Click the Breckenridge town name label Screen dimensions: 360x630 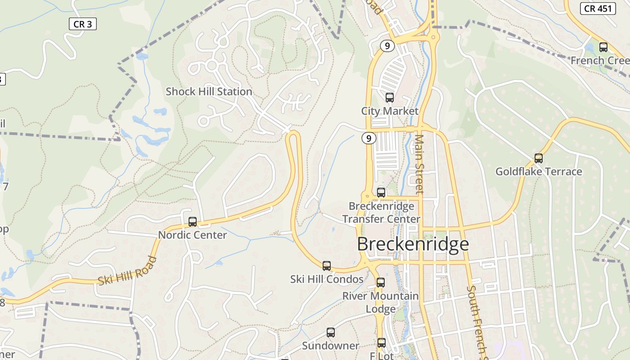(413, 244)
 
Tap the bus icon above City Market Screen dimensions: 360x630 (390, 97)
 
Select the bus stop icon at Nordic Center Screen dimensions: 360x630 (193, 221)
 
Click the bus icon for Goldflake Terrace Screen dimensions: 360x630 (538, 158)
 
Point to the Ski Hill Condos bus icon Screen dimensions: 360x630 (327, 265)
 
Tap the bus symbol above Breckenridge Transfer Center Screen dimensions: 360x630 (381, 193)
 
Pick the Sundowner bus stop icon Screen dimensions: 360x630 (331, 333)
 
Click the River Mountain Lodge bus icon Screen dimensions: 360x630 (381, 283)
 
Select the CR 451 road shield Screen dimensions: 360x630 (598, 9)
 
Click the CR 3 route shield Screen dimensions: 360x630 (83, 24)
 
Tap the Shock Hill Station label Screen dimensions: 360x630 (209, 92)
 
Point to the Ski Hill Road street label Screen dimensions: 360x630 (127, 270)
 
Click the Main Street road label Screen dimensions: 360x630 (419, 164)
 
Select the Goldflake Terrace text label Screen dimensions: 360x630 (539, 171)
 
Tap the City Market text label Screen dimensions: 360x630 (390, 111)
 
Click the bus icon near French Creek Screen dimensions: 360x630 (603, 47)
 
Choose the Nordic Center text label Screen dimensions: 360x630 (193, 235)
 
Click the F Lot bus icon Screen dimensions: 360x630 (382, 343)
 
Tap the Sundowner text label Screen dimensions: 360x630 (331, 346)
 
